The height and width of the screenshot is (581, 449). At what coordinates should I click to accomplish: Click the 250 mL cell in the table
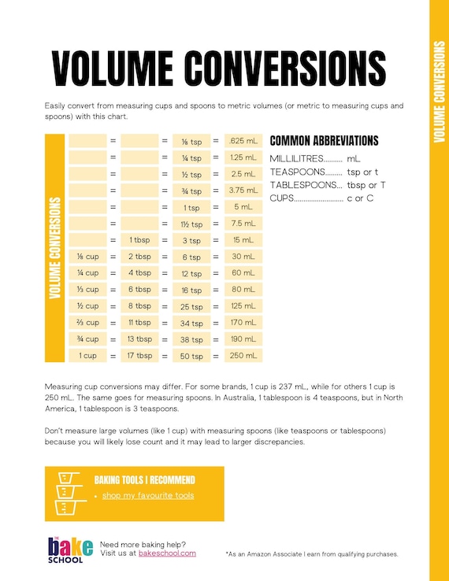coord(243,356)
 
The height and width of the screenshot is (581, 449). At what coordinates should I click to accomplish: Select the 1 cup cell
coord(87,356)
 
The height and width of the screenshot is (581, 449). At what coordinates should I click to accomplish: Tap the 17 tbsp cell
coord(140,356)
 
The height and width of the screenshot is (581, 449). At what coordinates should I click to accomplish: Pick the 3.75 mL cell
coord(243,191)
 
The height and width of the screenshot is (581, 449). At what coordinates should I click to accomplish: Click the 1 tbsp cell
coord(140,240)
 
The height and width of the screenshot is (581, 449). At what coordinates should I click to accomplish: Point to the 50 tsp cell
coord(191,357)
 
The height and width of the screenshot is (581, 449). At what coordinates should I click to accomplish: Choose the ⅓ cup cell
coord(87,290)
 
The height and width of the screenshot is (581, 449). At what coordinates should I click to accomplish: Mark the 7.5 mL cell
coord(243,224)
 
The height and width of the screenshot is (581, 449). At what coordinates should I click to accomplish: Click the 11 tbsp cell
coord(140,323)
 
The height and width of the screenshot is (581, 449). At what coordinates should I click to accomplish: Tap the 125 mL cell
coord(243,305)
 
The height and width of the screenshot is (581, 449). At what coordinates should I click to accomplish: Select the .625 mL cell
coord(243,141)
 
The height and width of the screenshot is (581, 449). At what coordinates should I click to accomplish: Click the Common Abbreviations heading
coord(324,141)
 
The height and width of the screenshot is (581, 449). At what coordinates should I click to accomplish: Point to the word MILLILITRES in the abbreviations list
coord(296,159)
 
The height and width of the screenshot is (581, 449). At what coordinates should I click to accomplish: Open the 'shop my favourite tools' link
coord(148,495)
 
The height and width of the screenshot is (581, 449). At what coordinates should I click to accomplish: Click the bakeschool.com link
coord(167,553)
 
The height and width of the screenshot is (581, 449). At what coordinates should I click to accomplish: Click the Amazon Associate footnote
coord(312,554)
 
